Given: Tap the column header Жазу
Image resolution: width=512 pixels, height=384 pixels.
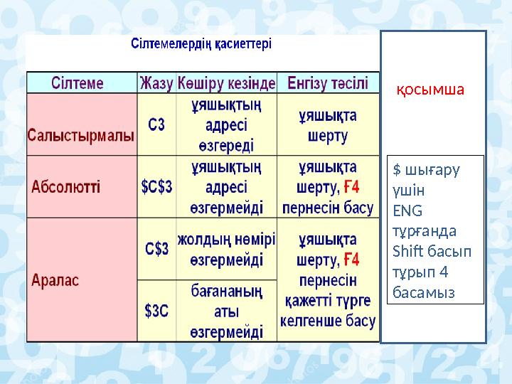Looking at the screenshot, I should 156,83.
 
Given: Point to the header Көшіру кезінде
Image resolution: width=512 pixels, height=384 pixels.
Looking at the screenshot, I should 226,83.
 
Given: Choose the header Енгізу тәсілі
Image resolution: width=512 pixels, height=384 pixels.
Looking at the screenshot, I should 327,83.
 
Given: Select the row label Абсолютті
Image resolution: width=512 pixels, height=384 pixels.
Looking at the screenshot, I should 66,188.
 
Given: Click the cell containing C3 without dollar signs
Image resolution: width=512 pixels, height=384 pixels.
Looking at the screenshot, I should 156,125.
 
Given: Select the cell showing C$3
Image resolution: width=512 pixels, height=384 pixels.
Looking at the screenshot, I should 157,249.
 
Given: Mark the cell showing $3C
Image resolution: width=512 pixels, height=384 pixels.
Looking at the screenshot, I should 156,310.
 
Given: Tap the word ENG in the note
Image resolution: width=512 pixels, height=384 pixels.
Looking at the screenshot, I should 407,210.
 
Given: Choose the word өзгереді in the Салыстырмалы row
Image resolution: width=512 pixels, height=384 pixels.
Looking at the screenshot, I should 226,145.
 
